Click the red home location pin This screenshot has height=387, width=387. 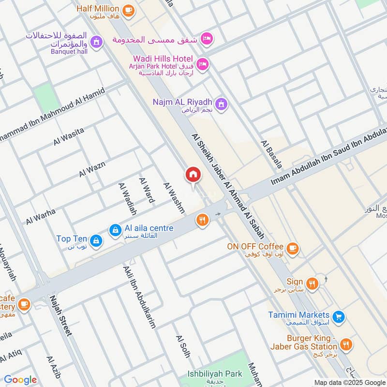tap(193, 175)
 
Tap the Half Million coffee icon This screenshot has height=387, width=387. tap(128, 10)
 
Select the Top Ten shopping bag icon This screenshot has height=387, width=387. tap(97, 240)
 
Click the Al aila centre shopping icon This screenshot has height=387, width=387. tap(115, 230)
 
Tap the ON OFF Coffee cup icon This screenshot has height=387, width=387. tap(292, 249)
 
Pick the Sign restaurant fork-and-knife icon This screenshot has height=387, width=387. tap(313, 283)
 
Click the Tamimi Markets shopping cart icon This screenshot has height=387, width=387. tap(339, 317)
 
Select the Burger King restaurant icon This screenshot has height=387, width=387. tap(346, 344)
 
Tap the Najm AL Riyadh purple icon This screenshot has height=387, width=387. tap(222, 103)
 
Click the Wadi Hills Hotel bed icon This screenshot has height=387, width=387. tap(203, 64)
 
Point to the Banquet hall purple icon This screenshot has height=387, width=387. tap(97, 42)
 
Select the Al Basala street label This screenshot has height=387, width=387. tap(271, 154)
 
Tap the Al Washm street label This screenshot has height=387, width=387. tap(174, 198)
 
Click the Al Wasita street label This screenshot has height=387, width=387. tap(69, 136)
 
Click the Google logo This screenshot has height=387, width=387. tap(20, 380)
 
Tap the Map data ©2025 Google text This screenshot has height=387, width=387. tap(349, 382)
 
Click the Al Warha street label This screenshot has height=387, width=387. tap(41, 216)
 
